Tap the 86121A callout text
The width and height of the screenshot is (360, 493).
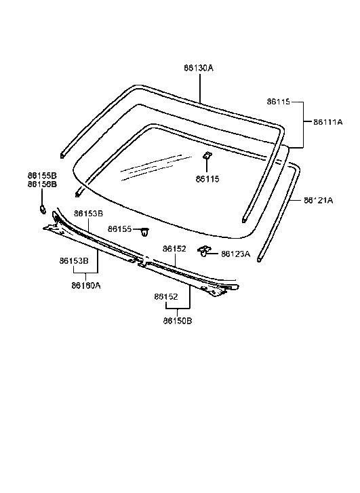tap(319, 201)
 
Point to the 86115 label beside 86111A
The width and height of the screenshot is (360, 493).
tap(278, 102)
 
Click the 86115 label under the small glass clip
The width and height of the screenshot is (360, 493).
tap(207, 179)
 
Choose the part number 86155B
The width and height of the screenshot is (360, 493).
tap(42, 175)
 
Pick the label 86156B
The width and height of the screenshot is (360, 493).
tap(42, 184)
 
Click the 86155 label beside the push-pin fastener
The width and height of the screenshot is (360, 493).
tap(120, 230)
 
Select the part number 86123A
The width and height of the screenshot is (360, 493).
tap(235, 254)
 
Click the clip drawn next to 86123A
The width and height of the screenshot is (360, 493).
tap(203, 252)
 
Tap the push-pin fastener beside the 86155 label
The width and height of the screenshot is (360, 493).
tap(145, 232)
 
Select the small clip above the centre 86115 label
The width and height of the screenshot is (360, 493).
tap(207, 157)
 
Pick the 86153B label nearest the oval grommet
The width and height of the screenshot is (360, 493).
tap(88, 214)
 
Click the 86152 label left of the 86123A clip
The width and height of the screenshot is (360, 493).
tap(174, 249)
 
